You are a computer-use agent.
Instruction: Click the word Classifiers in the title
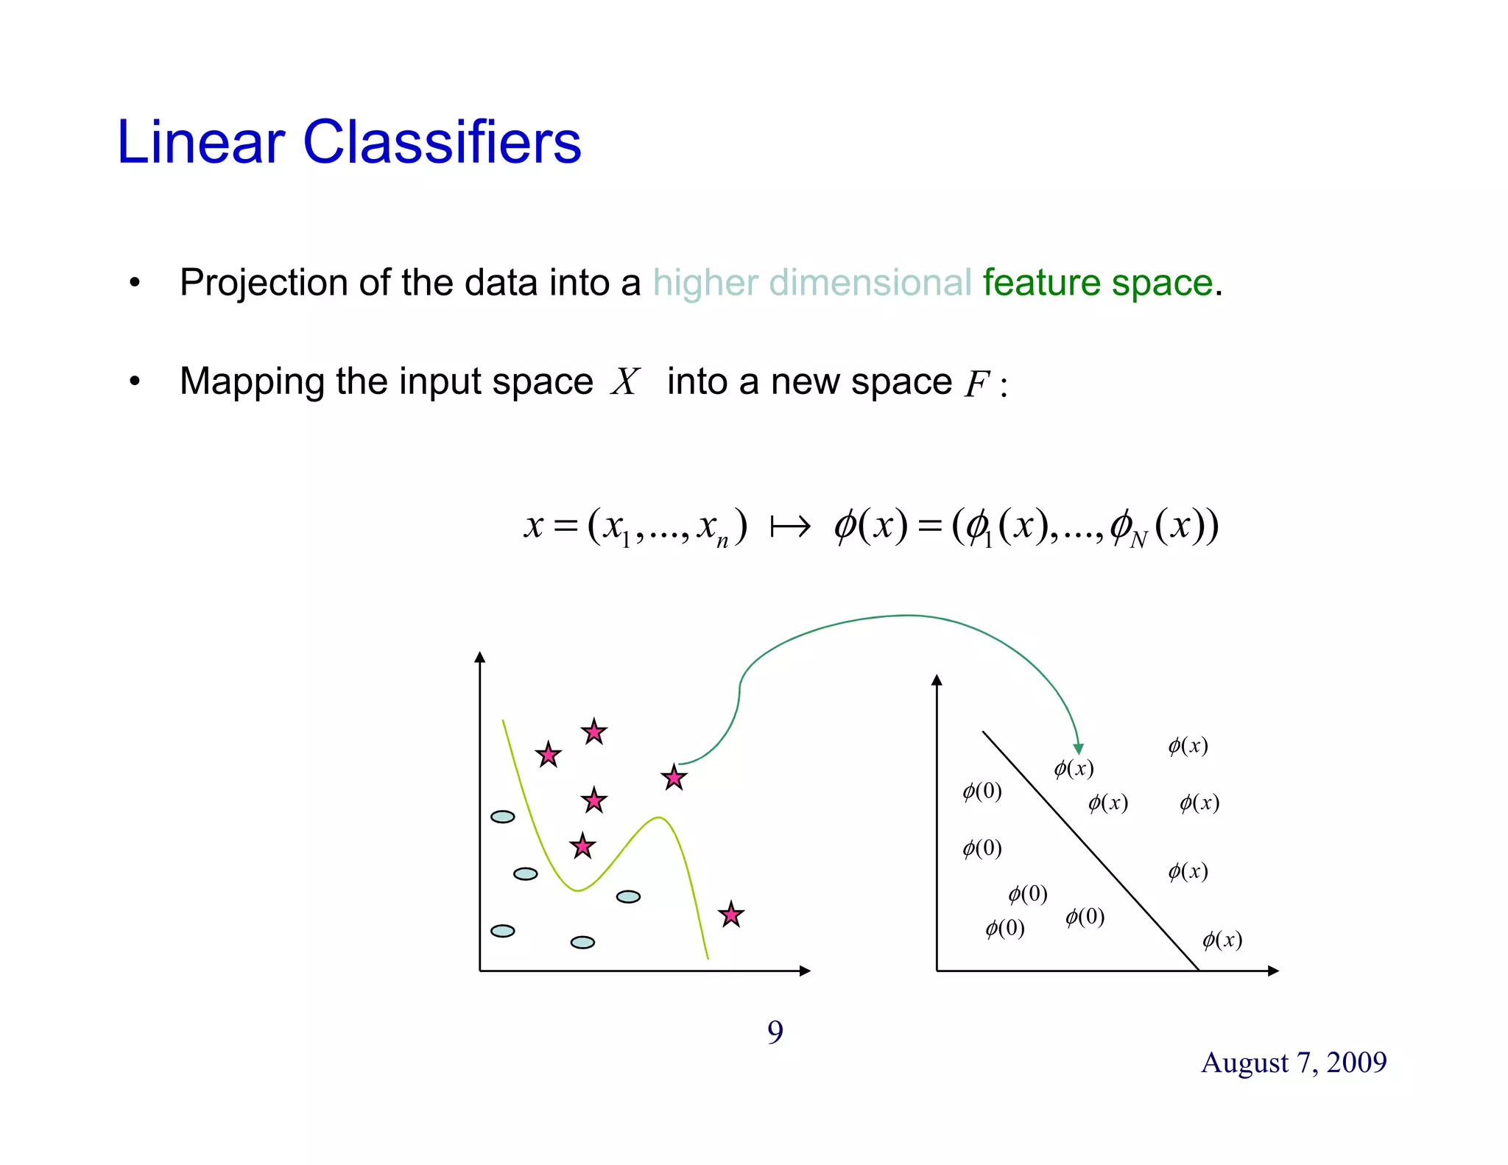[442, 141]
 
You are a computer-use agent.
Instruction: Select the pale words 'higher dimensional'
[811, 283]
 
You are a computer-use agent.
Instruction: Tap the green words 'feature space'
[1097, 283]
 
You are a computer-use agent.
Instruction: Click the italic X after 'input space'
[625, 381]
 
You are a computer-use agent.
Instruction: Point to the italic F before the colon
[976, 384]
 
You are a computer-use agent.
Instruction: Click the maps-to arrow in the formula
[790, 526]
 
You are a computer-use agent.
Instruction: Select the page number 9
[775, 1032]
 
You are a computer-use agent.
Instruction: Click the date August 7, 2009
[1294, 1062]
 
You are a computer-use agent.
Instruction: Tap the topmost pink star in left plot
[593, 732]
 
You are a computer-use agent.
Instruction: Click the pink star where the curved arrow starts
[674, 778]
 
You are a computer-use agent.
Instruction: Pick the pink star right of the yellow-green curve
[730, 915]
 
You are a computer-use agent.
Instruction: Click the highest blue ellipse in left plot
[503, 817]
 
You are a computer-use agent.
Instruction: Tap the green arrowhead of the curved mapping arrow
[1078, 749]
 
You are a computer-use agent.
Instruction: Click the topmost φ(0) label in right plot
[982, 792]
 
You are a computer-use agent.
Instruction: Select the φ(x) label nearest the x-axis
[1222, 940]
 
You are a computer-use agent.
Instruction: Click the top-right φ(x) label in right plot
[1188, 746]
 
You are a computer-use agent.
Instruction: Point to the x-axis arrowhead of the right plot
[1273, 971]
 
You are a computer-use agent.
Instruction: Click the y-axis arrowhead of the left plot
[480, 657]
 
